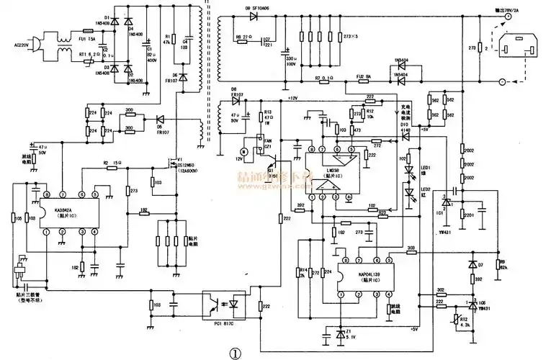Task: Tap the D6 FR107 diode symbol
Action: [183, 77]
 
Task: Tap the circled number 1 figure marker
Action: [235, 353]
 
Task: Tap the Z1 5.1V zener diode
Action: [341, 333]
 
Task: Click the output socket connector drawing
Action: [517, 48]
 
